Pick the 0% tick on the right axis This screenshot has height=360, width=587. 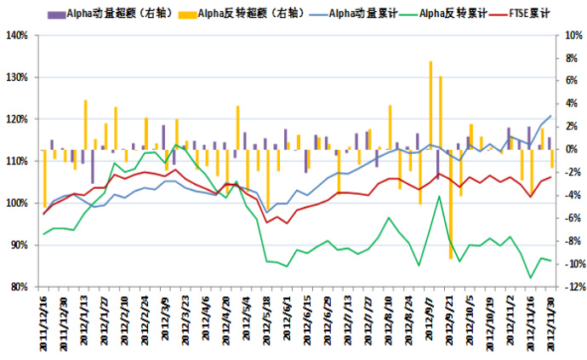[570, 150]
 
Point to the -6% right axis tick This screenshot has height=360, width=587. [572, 218]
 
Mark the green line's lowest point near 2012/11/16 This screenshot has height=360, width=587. [531, 277]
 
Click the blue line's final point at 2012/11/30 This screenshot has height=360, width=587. [550, 116]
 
